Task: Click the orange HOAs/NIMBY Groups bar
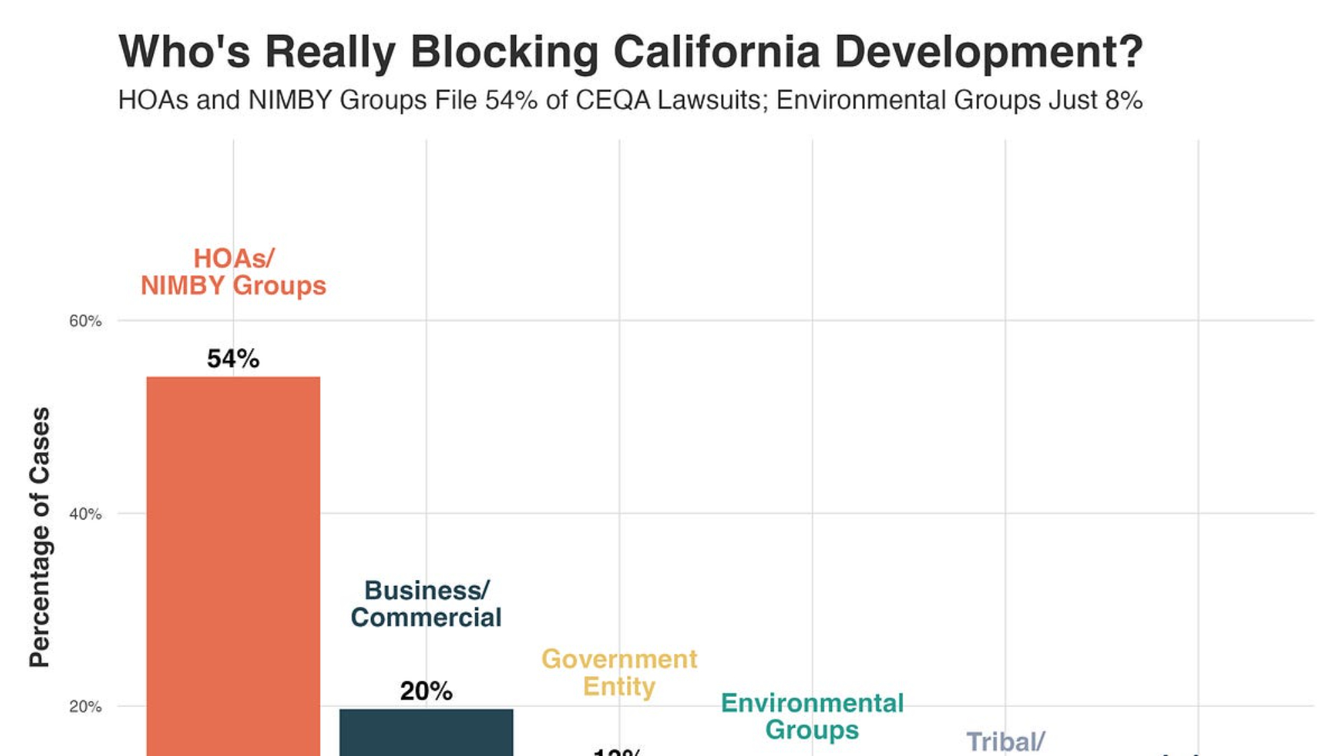tap(233, 564)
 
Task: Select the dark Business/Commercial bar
tap(426, 732)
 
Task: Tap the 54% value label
tap(233, 359)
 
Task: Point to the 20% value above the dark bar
tap(426, 691)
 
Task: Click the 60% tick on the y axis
tap(85, 321)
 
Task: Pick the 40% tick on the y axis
tap(85, 514)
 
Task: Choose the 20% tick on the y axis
tap(85, 707)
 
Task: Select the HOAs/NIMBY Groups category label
tap(233, 272)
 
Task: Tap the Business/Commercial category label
tap(426, 604)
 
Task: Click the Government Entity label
tap(619, 673)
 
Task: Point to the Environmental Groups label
tap(812, 716)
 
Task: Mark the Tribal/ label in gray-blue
tap(1005, 742)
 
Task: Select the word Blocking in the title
tap(504, 52)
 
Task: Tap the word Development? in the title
tap(989, 52)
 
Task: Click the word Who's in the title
tap(184, 52)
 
